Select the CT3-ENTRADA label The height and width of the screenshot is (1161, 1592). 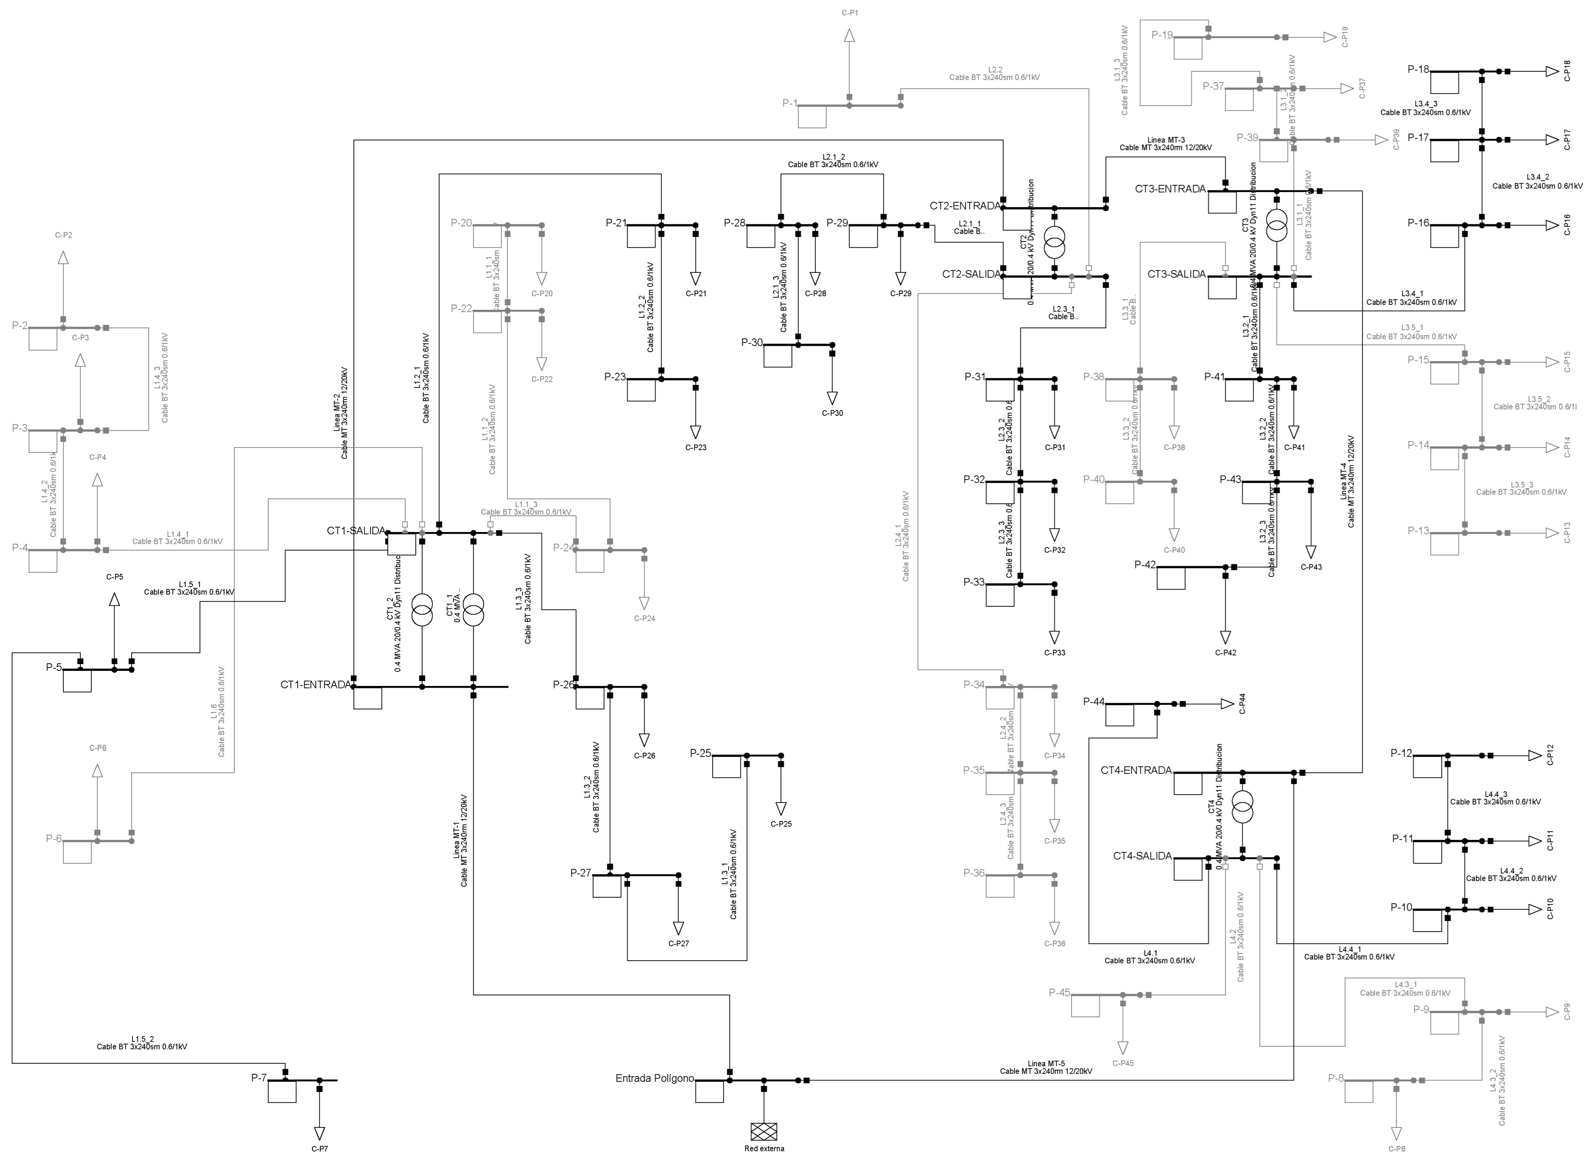click(1170, 189)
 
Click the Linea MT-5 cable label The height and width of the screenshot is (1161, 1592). click(1046, 1067)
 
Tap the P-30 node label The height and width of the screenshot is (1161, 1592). click(752, 343)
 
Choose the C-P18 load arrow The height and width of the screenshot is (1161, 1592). click(1552, 71)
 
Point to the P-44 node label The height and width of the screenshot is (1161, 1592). click(1094, 701)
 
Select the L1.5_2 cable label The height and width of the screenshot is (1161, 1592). click(142, 1042)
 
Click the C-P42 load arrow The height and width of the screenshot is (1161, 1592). click(1225, 637)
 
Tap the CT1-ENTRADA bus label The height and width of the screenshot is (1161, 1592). click(316, 685)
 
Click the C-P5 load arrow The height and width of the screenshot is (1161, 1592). click(114, 600)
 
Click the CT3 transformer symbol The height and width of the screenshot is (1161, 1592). click(1276, 225)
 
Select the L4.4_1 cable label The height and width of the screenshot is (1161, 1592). click(1349, 953)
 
